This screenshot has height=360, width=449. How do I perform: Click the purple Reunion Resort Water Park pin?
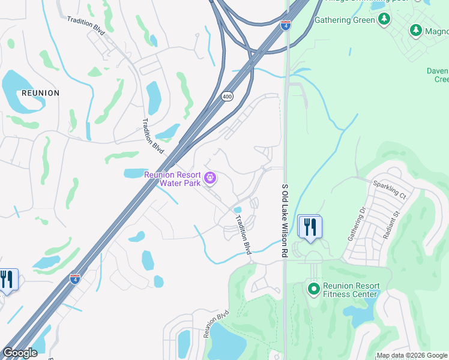coord(209,178)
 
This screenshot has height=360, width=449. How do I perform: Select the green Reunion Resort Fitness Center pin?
coord(313,289)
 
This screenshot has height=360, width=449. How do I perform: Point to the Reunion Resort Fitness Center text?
coord(351,290)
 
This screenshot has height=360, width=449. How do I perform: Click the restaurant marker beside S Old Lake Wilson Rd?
coord(310,228)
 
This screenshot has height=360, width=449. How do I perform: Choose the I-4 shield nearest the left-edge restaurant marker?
coord(75,279)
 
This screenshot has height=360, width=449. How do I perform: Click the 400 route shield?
coord(226,96)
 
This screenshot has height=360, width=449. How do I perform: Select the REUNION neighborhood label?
coord(40,93)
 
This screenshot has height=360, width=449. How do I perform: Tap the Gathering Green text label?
coord(345,20)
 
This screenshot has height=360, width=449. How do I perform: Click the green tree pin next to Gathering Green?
coord(384,20)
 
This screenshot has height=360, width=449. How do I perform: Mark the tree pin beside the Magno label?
coord(415,30)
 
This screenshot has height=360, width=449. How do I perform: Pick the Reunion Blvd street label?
coord(217,323)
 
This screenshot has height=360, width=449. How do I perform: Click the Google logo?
coord(20,352)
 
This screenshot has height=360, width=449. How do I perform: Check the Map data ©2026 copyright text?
coord(411,355)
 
